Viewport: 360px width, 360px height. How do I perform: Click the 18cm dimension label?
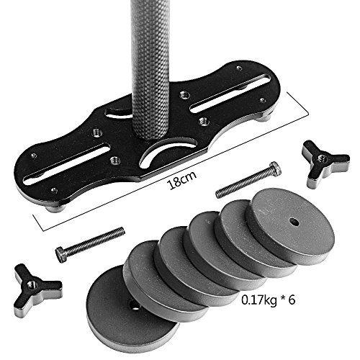[x=183, y=180]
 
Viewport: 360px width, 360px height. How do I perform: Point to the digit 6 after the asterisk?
[x=292, y=300]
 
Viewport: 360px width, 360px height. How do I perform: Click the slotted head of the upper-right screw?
[x=275, y=167]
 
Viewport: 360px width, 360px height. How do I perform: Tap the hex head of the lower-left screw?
[x=61, y=255]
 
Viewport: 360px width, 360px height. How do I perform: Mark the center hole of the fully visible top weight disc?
[x=294, y=222]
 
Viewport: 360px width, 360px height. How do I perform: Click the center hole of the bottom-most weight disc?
[x=133, y=305]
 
